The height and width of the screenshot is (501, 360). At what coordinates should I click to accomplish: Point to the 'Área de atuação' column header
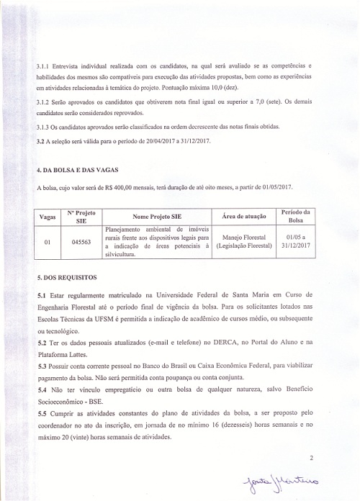[x=245, y=217]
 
